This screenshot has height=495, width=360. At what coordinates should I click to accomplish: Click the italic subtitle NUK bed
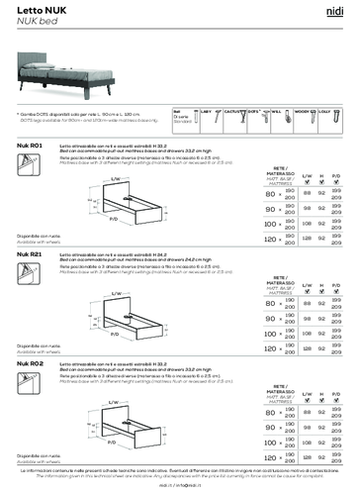pos(32,21)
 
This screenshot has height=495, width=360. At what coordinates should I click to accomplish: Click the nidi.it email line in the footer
pos(180,488)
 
